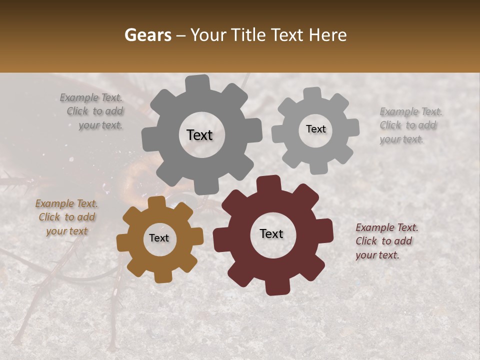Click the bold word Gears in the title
147,35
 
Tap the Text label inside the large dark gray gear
199,135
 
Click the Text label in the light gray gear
315,129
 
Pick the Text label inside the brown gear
159,238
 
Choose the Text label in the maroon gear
271,234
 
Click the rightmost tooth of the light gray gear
352,127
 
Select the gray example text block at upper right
410,125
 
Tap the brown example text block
66,217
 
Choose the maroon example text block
386,241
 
